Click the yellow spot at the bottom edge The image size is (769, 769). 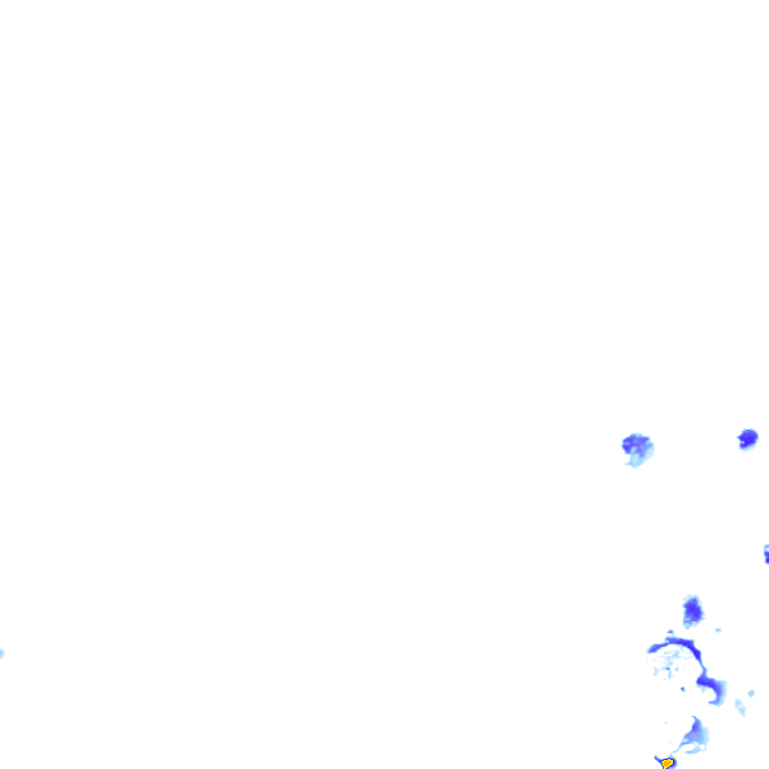[x=667, y=763]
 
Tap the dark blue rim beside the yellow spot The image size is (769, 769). [x=659, y=759]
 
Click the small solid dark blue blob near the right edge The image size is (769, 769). [x=747, y=437]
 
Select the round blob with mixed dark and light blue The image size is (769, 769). [x=638, y=449]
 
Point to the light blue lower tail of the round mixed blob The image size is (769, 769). [x=636, y=460]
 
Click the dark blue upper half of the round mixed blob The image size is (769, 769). [x=635, y=443]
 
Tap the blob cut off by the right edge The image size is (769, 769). [x=767, y=554]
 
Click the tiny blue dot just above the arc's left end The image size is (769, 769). [x=670, y=632]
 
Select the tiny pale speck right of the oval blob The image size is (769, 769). [x=719, y=630]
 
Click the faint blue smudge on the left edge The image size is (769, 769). [x=2, y=653]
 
